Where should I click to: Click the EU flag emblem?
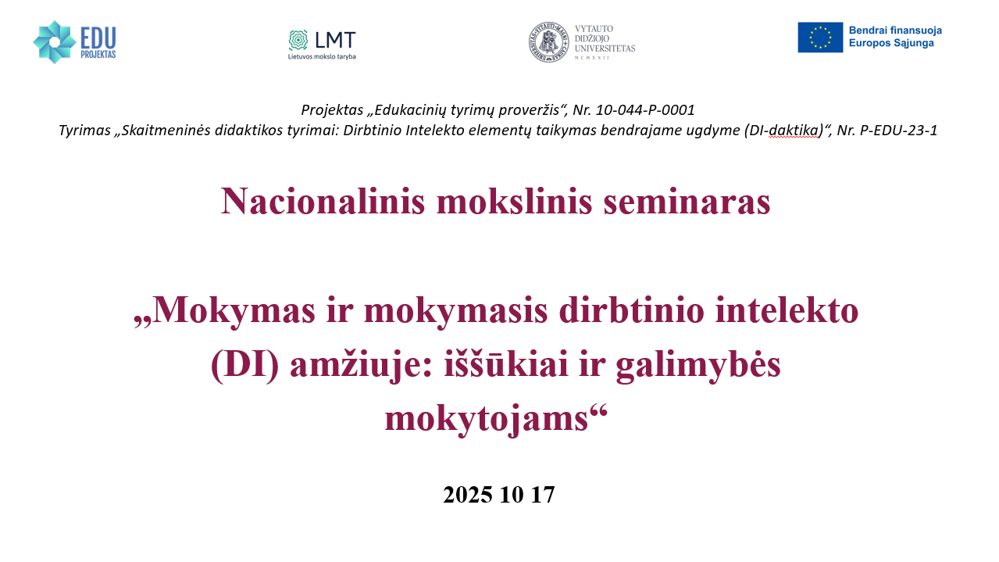click(x=820, y=37)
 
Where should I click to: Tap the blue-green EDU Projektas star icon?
click(x=55, y=42)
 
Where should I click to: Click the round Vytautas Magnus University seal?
click(x=548, y=42)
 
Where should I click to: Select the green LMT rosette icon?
click(x=298, y=40)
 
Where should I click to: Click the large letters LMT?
click(x=335, y=40)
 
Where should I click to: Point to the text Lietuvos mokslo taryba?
click(x=322, y=57)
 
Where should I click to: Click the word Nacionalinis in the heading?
click(x=323, y=202)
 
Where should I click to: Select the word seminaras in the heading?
click(x=687, y=202)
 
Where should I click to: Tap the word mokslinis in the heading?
click(x=514, y=202)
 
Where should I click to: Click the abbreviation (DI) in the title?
click(x=244, y=365)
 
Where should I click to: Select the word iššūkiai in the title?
click(x=505, y=363)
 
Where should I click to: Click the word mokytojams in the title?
click(x=487, y=420)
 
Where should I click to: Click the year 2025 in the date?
click(x=468, y=495)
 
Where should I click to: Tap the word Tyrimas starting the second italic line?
click(x=84, y=131)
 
